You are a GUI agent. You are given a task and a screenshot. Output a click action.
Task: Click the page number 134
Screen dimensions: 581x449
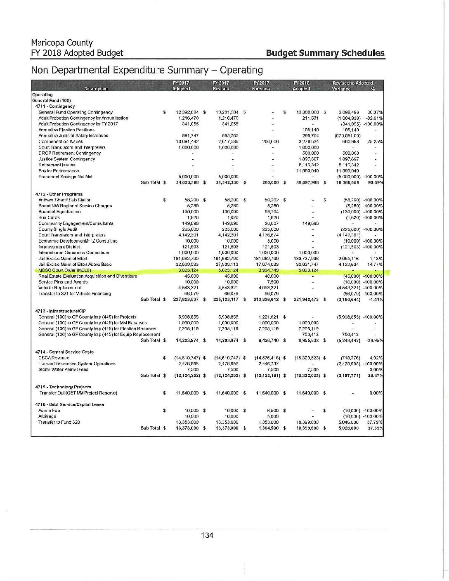[207, 535]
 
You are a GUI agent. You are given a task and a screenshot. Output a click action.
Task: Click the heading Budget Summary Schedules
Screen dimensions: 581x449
[325, 53]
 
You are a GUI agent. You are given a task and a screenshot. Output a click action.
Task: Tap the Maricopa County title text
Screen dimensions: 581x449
[62, 43]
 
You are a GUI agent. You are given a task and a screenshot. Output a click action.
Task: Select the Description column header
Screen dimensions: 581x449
[95, 89]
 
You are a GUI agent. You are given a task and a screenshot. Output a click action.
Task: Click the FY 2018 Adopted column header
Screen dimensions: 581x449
[301, 86]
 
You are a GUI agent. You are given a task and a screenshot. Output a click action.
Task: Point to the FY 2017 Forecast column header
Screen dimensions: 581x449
[261, 86]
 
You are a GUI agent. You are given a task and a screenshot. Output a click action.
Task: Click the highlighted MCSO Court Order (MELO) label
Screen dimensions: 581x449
[64, 270]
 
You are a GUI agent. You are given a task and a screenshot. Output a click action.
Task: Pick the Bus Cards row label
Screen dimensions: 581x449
[49, 217]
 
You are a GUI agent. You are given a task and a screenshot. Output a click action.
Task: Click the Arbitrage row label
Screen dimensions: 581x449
[47, 416]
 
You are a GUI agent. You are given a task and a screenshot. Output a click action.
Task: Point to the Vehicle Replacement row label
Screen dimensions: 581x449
[59, 288]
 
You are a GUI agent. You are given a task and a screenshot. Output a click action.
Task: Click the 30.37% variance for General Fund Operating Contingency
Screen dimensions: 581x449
[375, 112]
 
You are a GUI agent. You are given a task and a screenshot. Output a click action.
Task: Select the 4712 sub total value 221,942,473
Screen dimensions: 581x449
[306, 299]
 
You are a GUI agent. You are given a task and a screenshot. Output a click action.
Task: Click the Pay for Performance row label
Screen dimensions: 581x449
[59, 171]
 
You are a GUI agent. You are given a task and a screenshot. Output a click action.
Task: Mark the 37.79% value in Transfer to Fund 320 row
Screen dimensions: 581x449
[375, 422]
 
